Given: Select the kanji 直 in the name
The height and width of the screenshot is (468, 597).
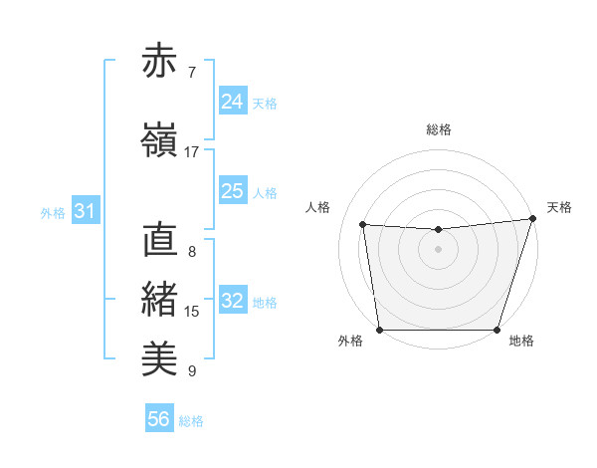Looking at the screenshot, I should (x=159, y=242).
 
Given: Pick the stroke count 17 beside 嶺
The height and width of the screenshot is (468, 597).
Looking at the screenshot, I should (x=192, y=151).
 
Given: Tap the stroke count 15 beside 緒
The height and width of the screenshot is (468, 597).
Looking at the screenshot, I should (x=192, y=311).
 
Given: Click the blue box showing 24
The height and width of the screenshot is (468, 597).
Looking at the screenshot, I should (x=233, y=101).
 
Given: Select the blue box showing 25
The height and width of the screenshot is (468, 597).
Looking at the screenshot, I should (x=233, y=191).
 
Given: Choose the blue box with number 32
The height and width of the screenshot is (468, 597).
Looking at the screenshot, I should (x=233, y=301).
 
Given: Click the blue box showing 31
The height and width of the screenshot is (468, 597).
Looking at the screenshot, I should (x=85, y=211).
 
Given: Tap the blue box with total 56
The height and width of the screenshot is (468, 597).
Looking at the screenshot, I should (x=159, y=419).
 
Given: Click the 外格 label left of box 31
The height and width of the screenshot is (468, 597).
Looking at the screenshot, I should (x=52, y=212).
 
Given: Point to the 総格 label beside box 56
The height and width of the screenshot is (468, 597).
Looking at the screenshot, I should (x=191, y=421).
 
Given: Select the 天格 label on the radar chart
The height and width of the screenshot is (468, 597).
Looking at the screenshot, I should (x=559, y=207).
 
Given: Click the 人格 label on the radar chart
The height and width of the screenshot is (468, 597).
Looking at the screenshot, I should (x=318, y=207).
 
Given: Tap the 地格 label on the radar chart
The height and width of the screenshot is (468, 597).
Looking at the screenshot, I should (x=521, y=342).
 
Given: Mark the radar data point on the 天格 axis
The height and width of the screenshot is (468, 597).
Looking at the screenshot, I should (x=532, y=218).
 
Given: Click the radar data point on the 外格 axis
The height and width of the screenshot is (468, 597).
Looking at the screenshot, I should (x=379, y=330).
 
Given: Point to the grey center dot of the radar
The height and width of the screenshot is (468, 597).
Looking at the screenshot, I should (x=438, y=249).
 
